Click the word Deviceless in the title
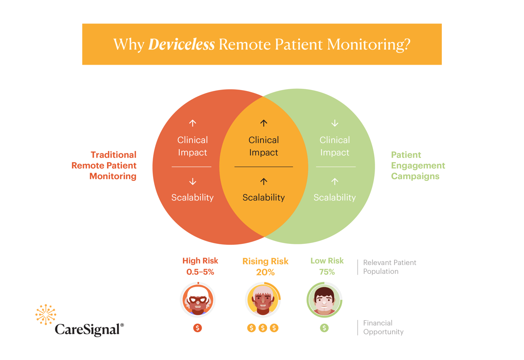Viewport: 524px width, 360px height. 181,44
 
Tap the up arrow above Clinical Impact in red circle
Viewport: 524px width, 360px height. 193,123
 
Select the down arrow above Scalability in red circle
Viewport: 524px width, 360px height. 193,181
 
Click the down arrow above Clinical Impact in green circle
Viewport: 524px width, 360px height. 335,123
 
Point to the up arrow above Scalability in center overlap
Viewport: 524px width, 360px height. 263,181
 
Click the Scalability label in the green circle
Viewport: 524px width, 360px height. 334,197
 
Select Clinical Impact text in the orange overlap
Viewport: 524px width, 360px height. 263,146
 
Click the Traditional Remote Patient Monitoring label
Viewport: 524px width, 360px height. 104,165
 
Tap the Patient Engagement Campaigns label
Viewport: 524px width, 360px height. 418,165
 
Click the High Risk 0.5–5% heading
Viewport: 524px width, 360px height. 200,266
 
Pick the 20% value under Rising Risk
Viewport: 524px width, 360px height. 265,272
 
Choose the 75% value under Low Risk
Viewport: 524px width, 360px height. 327,272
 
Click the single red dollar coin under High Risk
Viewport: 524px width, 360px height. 198,328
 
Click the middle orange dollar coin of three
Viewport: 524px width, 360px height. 263,328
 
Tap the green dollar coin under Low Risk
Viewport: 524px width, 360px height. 324,328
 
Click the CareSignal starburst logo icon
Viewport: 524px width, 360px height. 46,314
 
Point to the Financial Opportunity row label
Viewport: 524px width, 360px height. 383,327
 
